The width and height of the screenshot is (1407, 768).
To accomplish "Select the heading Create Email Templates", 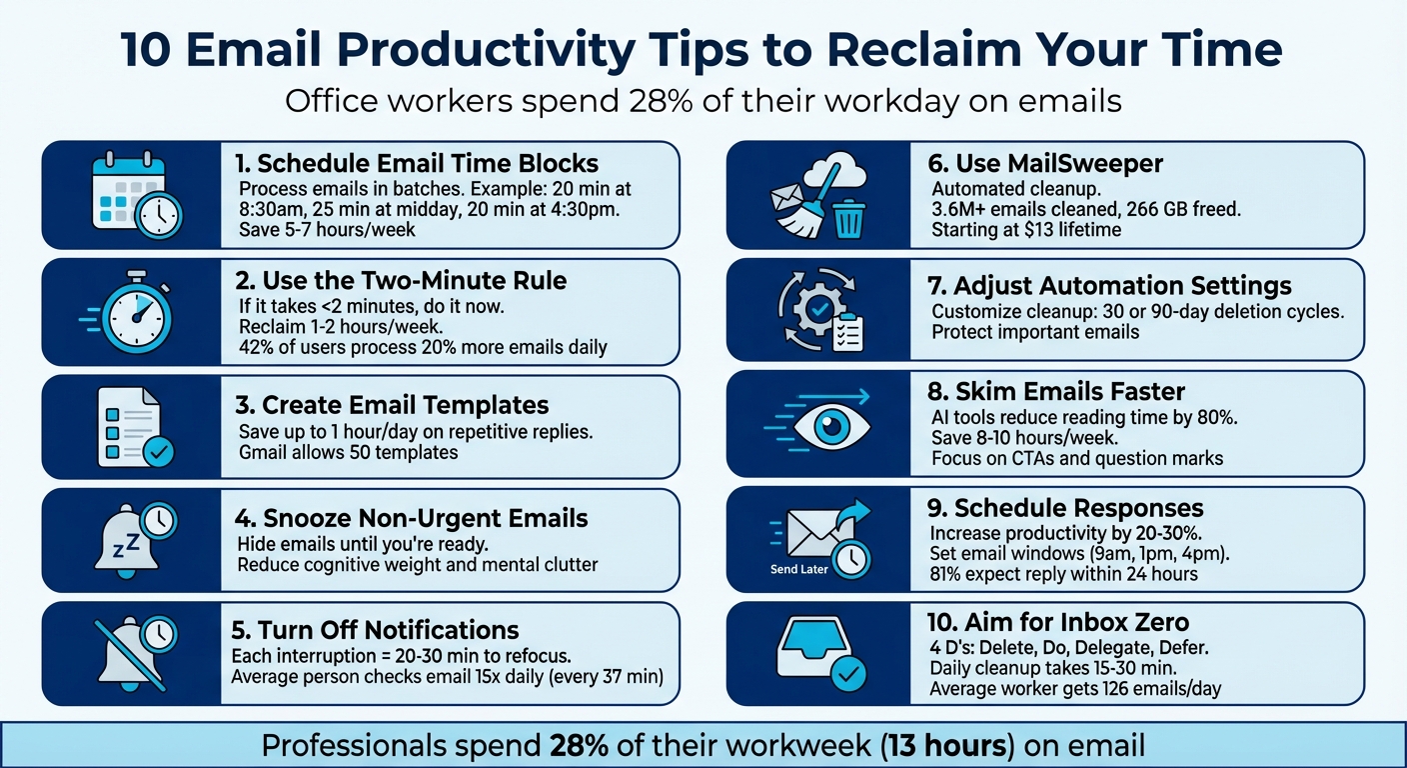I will click(405, 405).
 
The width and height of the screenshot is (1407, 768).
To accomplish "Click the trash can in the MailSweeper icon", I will click(848, 219).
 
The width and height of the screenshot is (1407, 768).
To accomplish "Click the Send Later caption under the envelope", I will click(799, 569).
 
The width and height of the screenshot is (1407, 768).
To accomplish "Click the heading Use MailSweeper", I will click(1045, 163).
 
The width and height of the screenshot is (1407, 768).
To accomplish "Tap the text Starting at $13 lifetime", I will click(1026, 230).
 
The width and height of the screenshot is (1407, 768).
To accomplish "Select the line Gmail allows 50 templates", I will click(348, 452).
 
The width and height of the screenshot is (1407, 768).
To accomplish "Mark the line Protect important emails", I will click(1035, 332).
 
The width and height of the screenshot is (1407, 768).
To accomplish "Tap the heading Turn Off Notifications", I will click(375, 630).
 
